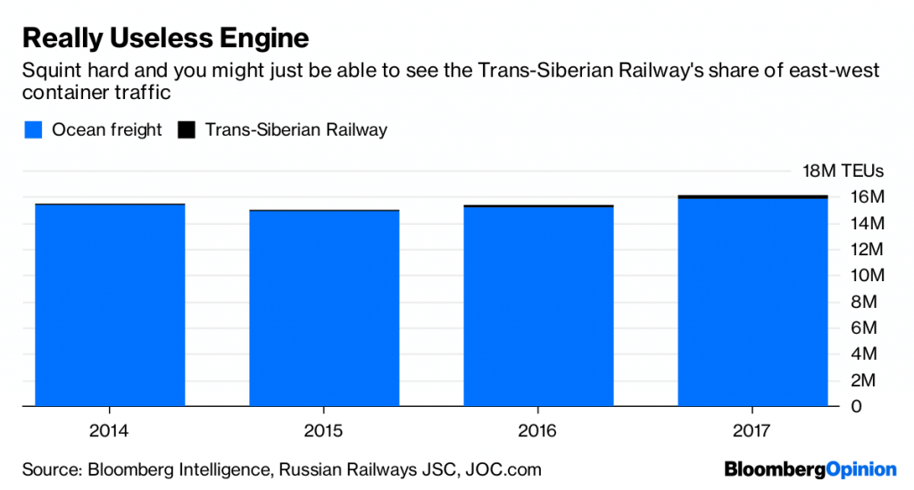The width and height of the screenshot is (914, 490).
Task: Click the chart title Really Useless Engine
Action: pyautogui.click(x=165, y=38)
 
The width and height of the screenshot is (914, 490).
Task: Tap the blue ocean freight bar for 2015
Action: pyautogui.click(x=324, y=308)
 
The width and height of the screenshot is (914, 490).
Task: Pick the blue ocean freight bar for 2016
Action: pyautogui.click(x=538, y=306)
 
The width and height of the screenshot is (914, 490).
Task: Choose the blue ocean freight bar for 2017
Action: pyautogui.click(x=752, y=302)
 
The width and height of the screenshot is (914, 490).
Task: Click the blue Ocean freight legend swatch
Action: pyautogui.click(x=34, y=130)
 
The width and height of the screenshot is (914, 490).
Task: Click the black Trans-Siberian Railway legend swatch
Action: pyautogui.click(x=187, y=130)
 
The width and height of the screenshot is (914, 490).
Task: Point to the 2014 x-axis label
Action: pyautogui.click(x=109, y=431)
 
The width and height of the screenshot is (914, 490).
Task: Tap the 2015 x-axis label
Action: pyautogui.click(x=323, y=431)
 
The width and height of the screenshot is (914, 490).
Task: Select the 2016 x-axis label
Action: pyautogui.click(x=537, y=431)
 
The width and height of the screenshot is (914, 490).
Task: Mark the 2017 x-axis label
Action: pyautogui.click(x=752, y=431)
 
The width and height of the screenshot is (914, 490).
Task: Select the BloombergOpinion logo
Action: pyautogui.click(x=810, y=469)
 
